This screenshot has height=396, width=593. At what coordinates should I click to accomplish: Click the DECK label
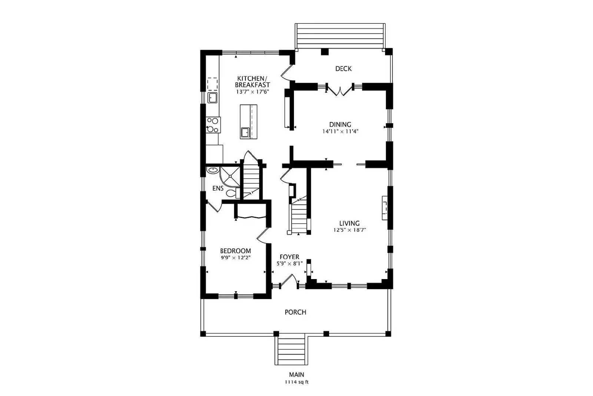click(343, 69)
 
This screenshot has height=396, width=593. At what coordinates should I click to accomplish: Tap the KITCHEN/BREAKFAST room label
click(252, 82)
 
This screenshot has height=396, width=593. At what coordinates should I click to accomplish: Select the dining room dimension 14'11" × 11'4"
click(340, 131)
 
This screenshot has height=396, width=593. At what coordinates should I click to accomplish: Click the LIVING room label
click(349, 223)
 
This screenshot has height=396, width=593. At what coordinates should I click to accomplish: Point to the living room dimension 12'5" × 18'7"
click(349, 230)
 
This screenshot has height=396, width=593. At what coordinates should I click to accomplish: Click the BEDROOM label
click(235, 251)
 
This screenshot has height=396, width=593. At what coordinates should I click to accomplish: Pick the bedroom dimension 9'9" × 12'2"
click(236, 258)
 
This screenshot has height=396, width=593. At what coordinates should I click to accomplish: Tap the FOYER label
click(289, 257)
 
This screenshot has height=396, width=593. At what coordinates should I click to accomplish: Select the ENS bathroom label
click(218, 189)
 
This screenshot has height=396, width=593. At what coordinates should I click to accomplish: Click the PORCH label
click(295, 312)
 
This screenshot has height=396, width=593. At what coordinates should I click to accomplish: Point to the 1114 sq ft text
click(296, 382)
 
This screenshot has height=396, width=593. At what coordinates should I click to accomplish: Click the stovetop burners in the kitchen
click(213, 125)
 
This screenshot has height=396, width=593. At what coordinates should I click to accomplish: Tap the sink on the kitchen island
click(245, 132)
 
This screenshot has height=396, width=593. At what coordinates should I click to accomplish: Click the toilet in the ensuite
click(232, 193)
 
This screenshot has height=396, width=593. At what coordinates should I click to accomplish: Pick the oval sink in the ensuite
click(213, 170)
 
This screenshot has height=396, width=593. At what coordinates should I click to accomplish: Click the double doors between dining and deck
click(340, 90)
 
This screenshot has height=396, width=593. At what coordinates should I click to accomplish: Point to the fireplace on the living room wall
click(385, 208)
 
